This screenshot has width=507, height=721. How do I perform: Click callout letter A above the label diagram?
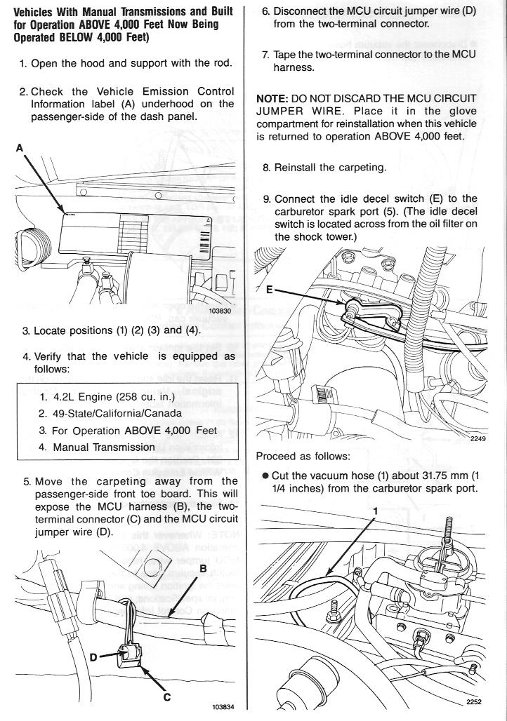[19, 147]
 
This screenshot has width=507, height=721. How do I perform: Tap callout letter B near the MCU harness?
[202, 568]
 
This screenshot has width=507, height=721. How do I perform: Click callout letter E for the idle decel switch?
[270, 289]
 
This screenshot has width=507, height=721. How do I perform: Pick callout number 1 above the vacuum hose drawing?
[376, 511]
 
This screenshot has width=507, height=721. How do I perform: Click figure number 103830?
[220, 310]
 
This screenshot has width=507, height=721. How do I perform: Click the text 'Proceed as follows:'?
[302, 457]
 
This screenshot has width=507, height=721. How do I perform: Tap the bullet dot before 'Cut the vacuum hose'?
[265, 475]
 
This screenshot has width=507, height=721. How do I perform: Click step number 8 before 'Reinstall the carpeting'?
[266, 168]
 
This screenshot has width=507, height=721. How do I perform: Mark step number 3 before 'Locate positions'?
[26, 330]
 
